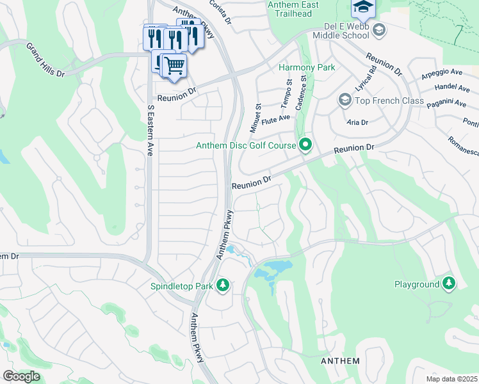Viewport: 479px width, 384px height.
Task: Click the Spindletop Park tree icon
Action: tap(223, 285)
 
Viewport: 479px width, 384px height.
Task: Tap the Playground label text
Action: tap(416, 284)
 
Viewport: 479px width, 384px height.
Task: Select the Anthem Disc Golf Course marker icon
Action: tap(305, 145)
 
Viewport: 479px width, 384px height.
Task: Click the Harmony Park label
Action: tap(306, 67)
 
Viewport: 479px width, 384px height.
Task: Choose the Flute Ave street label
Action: tap(276, 118)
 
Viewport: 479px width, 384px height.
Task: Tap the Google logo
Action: tap(21, 376)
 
